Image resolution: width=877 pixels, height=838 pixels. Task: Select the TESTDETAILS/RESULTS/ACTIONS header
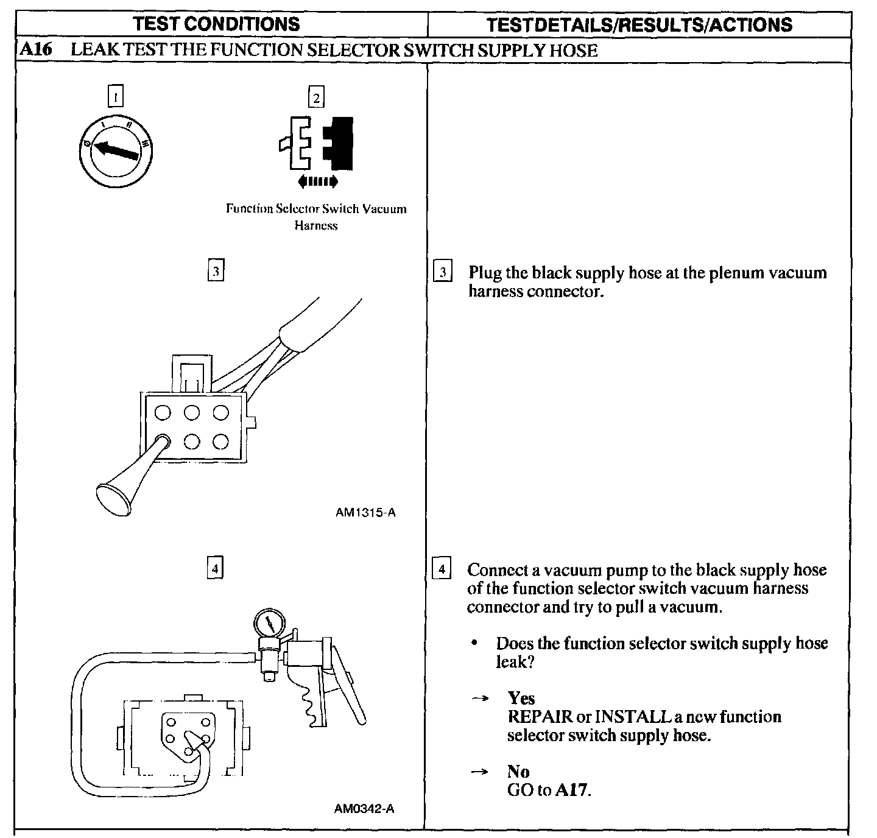[639, 24]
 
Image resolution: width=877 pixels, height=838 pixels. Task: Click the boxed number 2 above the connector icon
[315, 97]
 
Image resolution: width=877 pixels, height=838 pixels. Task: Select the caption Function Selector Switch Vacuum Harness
[315, 217]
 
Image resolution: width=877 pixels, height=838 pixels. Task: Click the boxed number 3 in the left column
[216, 270]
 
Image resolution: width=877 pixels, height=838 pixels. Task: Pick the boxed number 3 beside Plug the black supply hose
[442, 272]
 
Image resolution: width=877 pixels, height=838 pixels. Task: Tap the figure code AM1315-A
[365, 513]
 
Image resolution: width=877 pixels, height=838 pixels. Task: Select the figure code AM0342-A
[364, 809]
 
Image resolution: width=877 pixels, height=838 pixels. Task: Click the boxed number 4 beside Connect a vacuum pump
[441, 569]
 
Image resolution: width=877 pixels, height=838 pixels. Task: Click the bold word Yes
[521, 698]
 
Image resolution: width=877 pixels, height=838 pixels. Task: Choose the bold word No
[518, 772]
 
